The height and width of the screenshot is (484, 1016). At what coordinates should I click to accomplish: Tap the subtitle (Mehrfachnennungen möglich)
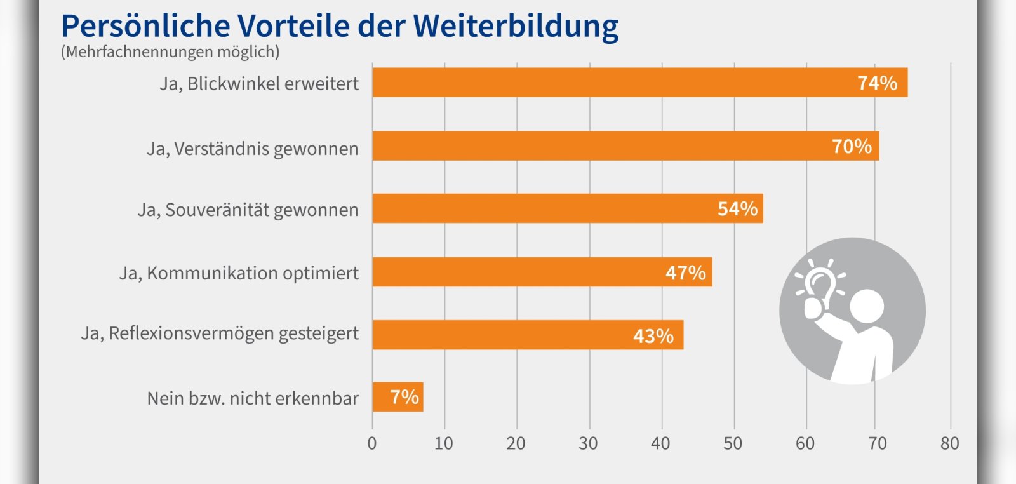pos(170,52)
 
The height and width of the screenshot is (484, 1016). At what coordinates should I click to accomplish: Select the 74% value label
pos(877,83)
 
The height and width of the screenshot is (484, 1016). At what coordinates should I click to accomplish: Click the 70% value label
pos(852,147)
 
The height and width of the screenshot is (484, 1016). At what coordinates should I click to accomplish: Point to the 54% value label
pos(737,209)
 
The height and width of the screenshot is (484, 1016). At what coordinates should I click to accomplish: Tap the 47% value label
pos(685,273)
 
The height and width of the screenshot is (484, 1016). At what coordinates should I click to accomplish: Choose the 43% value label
pos(653,336)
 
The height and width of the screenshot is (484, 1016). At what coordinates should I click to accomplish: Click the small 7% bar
pos(398,398)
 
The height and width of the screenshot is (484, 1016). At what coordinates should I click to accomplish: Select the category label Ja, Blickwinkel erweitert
pos(259,84)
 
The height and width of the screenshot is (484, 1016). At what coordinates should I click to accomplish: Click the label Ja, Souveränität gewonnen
pos(248,210)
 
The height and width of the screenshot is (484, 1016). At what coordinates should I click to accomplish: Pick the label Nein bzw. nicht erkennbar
pos(253,399)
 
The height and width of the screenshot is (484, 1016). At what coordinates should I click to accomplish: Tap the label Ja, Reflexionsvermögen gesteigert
pos(220,333)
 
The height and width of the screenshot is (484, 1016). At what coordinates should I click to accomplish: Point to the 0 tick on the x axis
pos(372,443)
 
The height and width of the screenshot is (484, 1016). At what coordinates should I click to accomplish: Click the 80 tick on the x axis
pos(950,443)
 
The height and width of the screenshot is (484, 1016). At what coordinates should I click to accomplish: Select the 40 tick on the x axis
pos(660,443)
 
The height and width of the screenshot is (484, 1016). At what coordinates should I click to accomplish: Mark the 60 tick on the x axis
pos(805,443)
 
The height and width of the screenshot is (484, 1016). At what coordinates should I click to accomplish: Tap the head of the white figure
pos(866,307)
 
